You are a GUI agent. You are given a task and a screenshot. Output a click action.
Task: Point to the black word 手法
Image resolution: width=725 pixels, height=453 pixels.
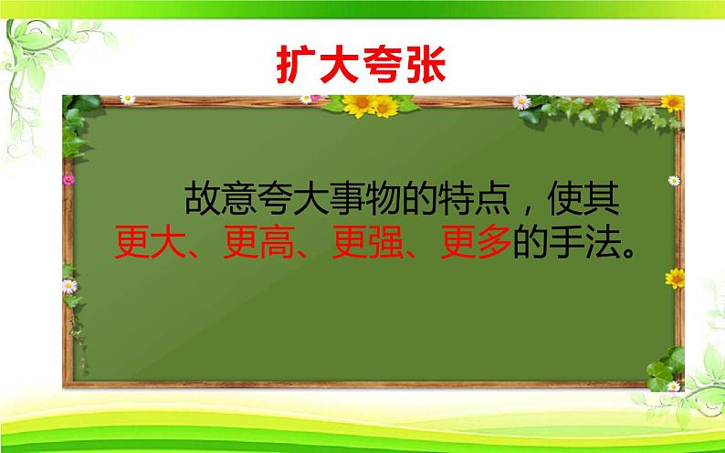click(x=574, y=242)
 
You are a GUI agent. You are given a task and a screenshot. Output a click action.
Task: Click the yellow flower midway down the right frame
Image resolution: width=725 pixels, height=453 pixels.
click(x=675, y=277)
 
